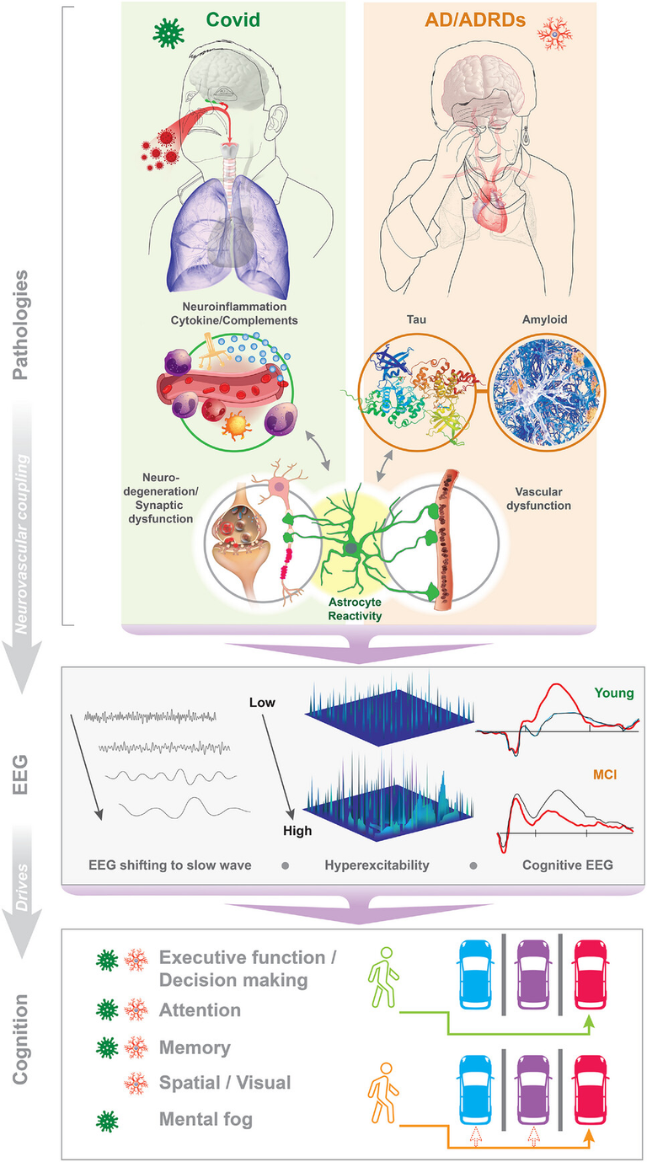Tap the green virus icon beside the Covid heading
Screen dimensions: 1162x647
(x=169, y=32)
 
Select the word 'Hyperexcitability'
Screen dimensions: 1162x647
(x=383, y=865)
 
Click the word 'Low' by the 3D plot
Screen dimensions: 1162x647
(x=263, y=701)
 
